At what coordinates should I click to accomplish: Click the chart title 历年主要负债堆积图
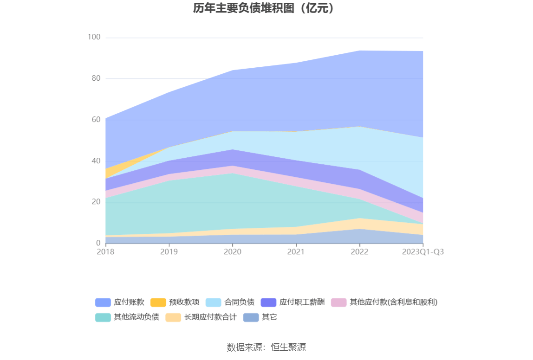(x=264, y=8)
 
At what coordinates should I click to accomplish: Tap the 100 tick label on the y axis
(x=94, y=37)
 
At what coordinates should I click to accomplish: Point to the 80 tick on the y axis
(x=96, y=78)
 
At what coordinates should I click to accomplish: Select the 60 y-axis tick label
(x=96, y=120)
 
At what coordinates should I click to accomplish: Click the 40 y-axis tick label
(x=96, y=161)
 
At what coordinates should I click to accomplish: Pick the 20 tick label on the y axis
(x=96, y=202)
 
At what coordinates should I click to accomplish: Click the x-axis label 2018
(x=105, y=252)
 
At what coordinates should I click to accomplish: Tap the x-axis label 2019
(x=169, y=252)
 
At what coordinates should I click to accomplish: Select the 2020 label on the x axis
(x=233, y=252)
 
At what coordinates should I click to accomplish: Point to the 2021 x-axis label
(x=296, y=252)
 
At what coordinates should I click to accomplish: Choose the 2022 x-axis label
(x=359, y=252)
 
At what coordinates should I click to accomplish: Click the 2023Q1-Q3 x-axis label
(x=422, y=252)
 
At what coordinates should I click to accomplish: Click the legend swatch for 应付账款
(x=103, y=302)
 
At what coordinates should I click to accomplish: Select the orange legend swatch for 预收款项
(x=158, y=302)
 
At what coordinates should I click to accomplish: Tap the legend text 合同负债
(x=239, y=302)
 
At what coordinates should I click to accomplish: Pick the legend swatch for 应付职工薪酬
(x=269, y=302)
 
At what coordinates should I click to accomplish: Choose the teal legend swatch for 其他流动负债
(x=103, y=318)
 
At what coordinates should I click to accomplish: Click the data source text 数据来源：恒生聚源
(x=266, y=347)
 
